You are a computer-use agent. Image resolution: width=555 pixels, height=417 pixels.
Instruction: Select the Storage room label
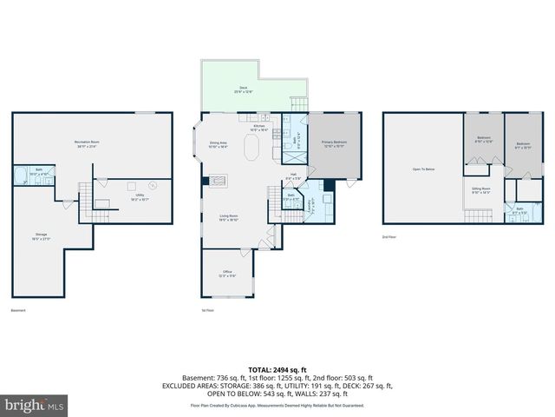42,236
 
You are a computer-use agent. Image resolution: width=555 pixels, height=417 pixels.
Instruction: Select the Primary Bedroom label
335,143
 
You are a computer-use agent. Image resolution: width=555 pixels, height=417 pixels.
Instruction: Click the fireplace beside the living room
218,181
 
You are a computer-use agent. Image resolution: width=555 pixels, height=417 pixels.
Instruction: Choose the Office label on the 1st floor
227,274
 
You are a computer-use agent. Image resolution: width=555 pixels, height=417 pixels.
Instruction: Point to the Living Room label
227,218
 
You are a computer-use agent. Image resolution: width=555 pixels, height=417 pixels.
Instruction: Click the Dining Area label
218,145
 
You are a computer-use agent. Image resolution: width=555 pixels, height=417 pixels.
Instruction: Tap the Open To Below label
423,169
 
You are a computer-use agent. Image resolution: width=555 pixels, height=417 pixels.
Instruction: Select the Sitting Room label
480,189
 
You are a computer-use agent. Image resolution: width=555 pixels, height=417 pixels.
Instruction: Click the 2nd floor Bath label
519,209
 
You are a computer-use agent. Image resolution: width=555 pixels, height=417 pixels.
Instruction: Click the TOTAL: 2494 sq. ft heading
277,369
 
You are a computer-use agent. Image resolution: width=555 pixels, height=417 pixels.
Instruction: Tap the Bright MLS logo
35,405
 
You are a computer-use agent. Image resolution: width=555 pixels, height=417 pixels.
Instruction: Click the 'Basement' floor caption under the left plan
18,310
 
